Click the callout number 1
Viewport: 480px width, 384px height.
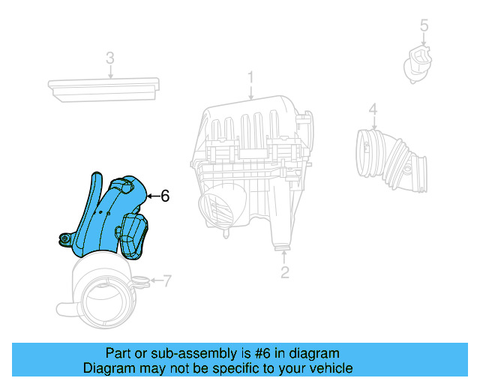pyautogui.click(x=251, y=77)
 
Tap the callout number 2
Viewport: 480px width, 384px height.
pyautogui.click(x=285, y=272)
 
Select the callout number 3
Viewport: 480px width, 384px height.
pyautogui.click(x=109, y=58)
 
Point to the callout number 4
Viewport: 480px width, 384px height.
pyautogui.click(x=373, y=110)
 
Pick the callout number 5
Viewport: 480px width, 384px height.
pyautogui.click(x=424, y=27)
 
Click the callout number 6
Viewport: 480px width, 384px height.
pyautogui.click(x=165, y=196)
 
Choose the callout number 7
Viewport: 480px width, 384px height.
pyautogui.click(x=166, y=282)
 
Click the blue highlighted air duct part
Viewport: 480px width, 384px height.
pyautogui.click(x=112, y=217)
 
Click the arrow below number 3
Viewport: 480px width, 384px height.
pyautogui.click(x=109, y=72)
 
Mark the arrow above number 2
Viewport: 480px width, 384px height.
pyautogui.click(x=285, y=257)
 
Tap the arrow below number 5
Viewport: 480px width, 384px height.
pyautogui.click(x=424, y=40)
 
